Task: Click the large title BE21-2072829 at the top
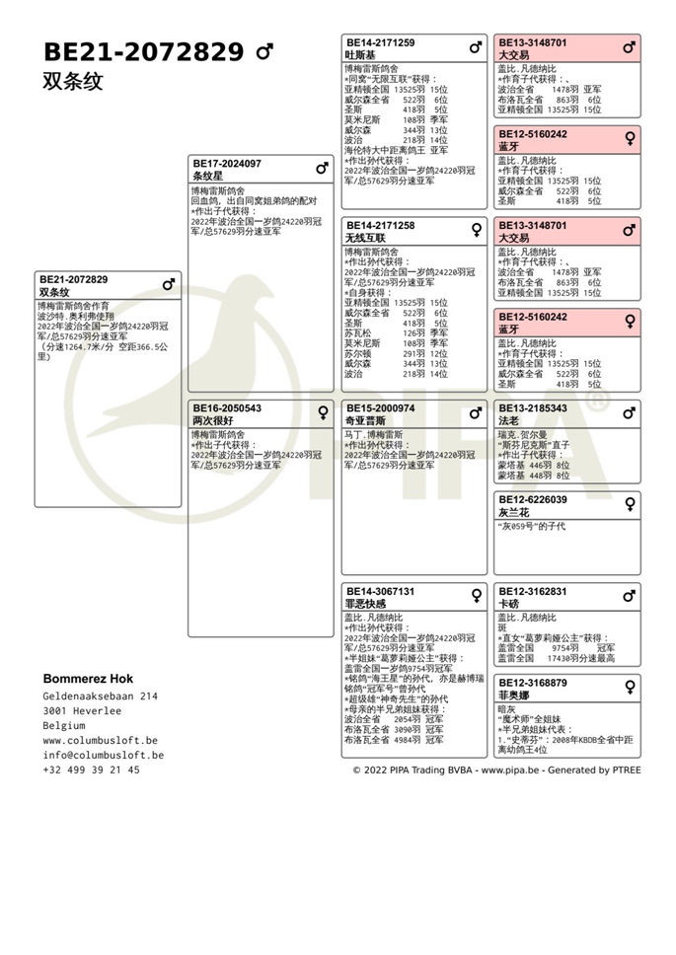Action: pyautogui.click(x=144, y=51)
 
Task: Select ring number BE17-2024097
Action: pyautogui.click(x=227, y=164)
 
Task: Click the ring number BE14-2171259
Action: pyautogui.click(x=380, y=43)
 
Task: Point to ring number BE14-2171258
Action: pyautogui.click(x=380, y=226)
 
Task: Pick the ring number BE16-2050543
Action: pyautogui.click(x=227, y=408)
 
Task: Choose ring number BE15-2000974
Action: pyautogui.click(x=380, y=408)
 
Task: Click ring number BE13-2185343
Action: pyautogui.click(x=533, y=408)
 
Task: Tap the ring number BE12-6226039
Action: pyautogui.click(x=533, y=500)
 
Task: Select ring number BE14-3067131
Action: pyautogui.click(x=380, y=592)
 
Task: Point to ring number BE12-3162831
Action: pyautogui.click(x=533, y=592)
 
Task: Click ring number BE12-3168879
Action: pyautogui.click(x=533, y=683)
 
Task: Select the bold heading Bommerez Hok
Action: pyautogui.click(x=88, y=679)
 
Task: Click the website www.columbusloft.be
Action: pyautogui.click(x=100, y=740)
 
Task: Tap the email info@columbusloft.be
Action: pyautogui.click(x=103, y=755)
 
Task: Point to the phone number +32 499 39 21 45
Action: pyautogui.click(x=91, y=770)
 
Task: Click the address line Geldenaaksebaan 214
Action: pyautogui.click(x=100, y=696)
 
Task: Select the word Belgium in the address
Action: pyautogui.click(x=64, y=725)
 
